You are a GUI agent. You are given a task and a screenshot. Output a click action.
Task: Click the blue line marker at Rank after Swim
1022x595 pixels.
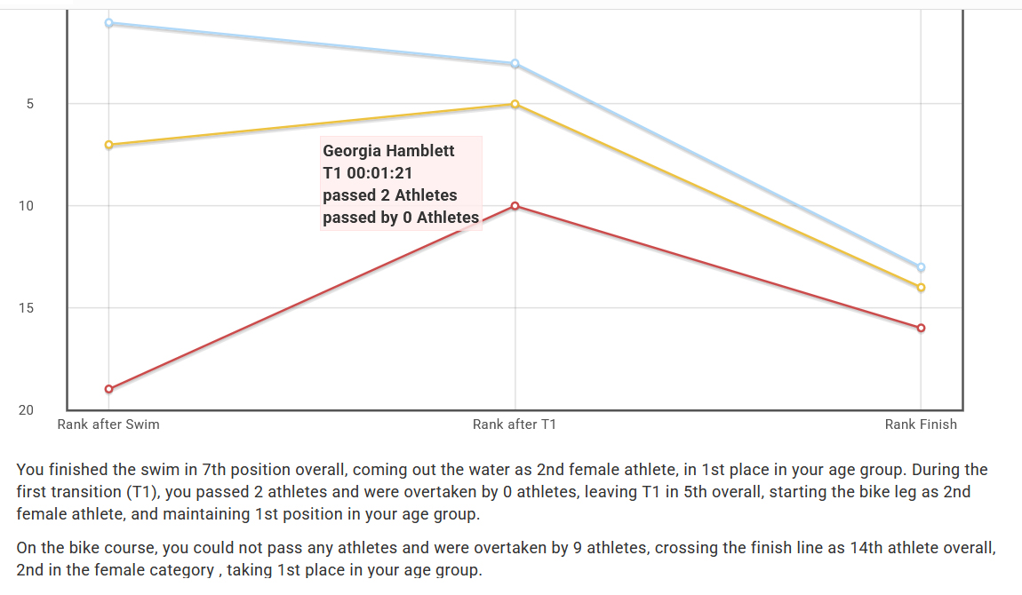pos(108,23)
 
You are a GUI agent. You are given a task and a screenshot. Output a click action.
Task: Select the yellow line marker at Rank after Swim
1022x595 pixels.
pos(108,145)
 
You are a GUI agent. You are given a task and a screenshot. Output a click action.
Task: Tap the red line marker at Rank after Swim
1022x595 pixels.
pos(108,389)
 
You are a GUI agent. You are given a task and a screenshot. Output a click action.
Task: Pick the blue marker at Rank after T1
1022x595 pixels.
pos(515,64)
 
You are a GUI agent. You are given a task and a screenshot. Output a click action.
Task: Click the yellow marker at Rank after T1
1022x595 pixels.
pos(515,104)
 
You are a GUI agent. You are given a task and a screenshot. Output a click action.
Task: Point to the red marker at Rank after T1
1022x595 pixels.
pos(515,206)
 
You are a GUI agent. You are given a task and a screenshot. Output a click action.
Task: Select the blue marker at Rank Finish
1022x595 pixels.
pos(921,267)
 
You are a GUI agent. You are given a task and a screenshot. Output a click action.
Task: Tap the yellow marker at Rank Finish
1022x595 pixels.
pos(921,288)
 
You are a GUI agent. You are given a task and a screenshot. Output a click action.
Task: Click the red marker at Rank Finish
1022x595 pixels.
pos(921,328)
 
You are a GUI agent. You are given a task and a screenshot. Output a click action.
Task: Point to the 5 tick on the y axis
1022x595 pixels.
pos(29,104)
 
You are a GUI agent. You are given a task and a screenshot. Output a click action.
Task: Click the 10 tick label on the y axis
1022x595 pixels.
pos(26,206)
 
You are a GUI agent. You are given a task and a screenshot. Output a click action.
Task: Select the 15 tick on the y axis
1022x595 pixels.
pos(26,308)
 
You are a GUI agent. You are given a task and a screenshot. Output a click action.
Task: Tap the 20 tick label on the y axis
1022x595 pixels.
pos(26,410)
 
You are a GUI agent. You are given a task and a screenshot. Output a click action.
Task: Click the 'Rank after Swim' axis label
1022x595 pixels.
pos(108,424)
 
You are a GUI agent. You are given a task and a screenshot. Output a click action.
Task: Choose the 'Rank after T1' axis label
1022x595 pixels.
pos(515,424)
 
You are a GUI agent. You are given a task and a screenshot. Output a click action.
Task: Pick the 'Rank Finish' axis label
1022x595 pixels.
pos(921,424)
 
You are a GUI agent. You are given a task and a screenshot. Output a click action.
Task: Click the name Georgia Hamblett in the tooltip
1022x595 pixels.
pos(388,151)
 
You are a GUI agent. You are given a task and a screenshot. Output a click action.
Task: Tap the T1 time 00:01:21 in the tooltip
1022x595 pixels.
pos(367,173)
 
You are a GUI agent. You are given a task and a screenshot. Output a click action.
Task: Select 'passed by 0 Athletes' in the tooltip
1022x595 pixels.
pos(400,218)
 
